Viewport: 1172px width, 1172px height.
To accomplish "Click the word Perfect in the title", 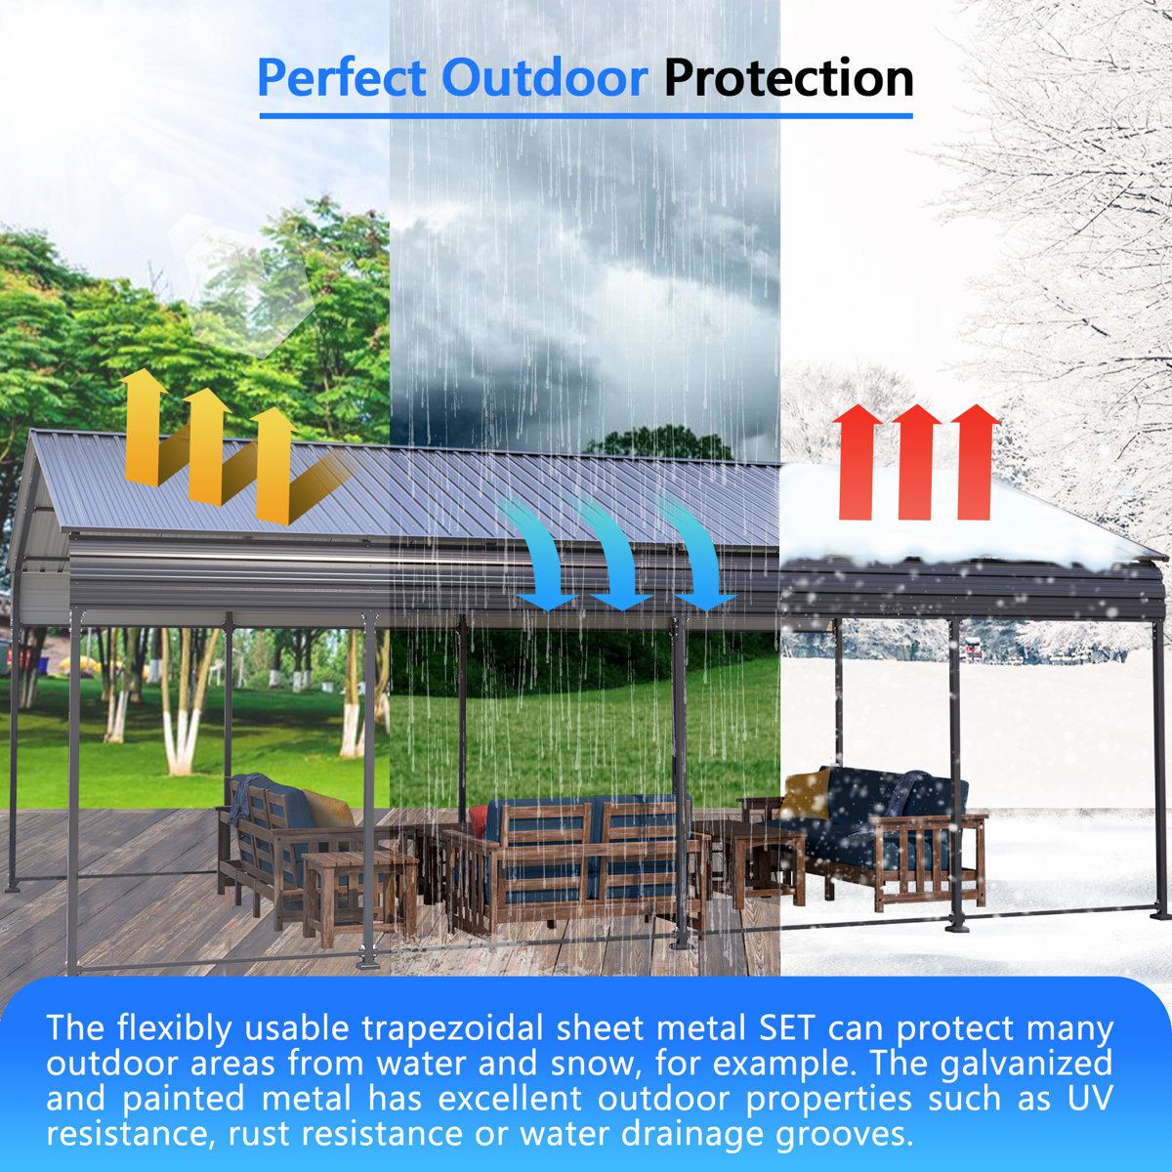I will tap(342, 78).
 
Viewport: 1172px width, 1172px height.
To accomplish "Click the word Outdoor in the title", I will tap(544, 78).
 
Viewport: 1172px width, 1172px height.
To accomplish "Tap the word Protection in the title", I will tap(789, 78).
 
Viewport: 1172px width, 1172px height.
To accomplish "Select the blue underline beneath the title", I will tap(586, 116).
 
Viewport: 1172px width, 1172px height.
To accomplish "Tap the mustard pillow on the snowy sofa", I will tap(805, 794).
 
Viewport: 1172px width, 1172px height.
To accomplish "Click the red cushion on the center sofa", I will tap(478, 820).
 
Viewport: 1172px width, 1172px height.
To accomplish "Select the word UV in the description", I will tap(1086, 1099).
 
